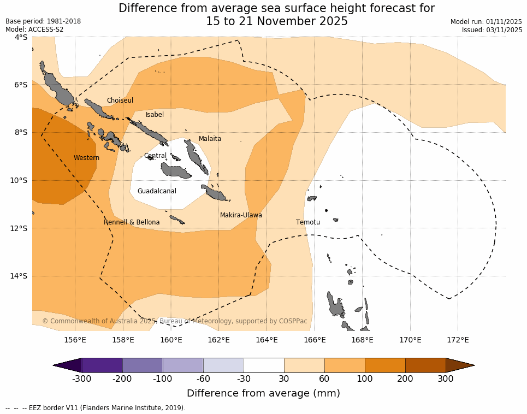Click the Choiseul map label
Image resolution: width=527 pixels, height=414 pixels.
(x=120, y=100)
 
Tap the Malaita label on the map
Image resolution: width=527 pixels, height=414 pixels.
(x=210, y=139)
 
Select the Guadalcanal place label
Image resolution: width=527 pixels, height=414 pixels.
(x=157, y=191)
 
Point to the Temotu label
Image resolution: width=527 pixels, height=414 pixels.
(x=308, y=222)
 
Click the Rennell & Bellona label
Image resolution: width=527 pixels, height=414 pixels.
(x=132, y=222)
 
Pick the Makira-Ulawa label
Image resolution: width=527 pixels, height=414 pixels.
(x=241, y=215)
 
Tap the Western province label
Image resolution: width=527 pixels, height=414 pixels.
(x=86, y=158)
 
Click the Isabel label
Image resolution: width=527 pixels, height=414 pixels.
(x=155, y=115)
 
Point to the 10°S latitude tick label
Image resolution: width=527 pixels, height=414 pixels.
(x=20, y=180)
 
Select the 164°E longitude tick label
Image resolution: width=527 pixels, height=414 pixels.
(x=267, y=340)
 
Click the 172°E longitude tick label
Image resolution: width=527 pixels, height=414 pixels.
(x=458, y=340)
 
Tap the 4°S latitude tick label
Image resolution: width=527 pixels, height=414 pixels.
(x=20, y=37)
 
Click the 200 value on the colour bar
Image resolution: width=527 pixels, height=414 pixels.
(x=405, y=379)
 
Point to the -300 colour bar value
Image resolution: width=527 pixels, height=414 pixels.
(x=81, y=379)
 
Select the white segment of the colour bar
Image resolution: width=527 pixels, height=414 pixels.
(x=264, y=365)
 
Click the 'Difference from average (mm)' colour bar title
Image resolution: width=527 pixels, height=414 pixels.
(x=263, y=393)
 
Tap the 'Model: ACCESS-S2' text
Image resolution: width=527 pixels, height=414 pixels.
(x=34, y=29)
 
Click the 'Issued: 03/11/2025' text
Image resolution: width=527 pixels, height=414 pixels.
(x=492, y=30)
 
